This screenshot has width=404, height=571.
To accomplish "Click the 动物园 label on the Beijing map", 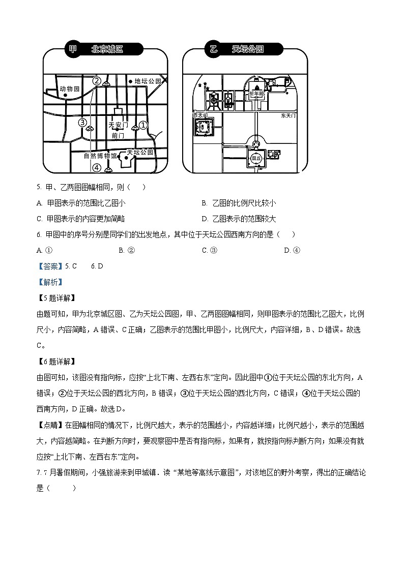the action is tap(70, 88).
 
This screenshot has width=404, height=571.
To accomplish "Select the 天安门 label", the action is tap(119, 125).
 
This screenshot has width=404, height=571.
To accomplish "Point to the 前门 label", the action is tap(118, 136).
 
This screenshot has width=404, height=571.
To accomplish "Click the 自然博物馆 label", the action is tap(100, 156).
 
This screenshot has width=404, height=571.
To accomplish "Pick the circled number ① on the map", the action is tap(143, 124).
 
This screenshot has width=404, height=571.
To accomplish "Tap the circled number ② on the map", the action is tap(97, 80).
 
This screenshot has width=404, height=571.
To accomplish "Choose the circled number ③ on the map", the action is tap(82, 122).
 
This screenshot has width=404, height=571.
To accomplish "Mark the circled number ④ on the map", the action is tap(97, 168).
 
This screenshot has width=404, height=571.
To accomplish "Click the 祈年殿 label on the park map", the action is tap(256, 94).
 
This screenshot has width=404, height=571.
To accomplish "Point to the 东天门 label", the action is tap(288, 115).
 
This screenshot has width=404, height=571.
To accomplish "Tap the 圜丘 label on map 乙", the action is tap(256, 158).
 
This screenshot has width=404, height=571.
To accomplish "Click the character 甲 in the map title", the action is tap(72, 49).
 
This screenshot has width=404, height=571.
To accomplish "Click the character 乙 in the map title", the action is tap(213, 49).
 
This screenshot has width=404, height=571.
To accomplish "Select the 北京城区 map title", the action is tap(107, 49).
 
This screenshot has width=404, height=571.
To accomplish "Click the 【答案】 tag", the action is tap(50, 266).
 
